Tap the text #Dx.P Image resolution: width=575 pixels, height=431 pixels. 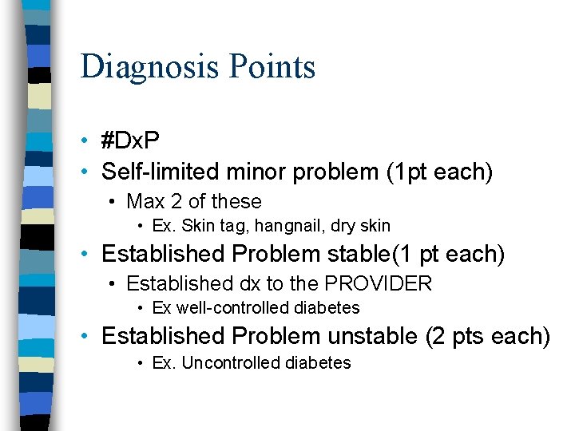tap(130, 141)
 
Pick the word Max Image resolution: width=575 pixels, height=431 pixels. tap(146, 201)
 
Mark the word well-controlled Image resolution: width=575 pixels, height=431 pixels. tap(237, 308)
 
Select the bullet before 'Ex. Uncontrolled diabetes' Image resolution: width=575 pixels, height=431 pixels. tap(139, 364)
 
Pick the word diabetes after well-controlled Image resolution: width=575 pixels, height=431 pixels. tap(328, 308)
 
